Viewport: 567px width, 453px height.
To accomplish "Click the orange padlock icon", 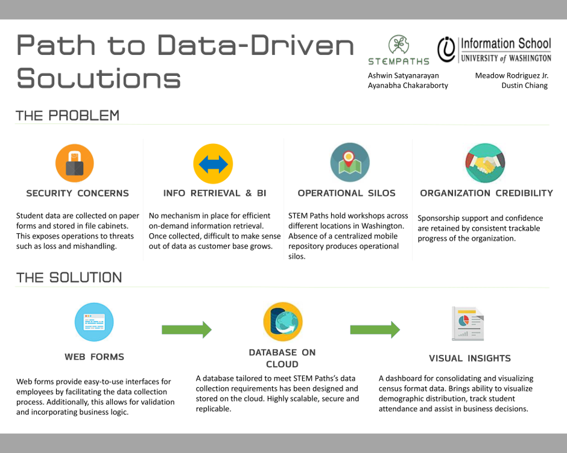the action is pyautogui.click(x=74, y=163).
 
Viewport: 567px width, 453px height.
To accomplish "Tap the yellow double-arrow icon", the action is pyautogui.click(x=213, y=164).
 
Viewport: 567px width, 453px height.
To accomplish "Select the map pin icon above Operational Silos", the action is pyautogui.click(x=350, y=162).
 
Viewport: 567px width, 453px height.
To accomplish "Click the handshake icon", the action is pyautogui.click(x=485, y=163).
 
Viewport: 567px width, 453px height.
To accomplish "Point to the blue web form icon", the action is pyautogui.click(x=94, y=322).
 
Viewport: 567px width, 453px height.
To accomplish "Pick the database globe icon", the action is pyautogui.click(x=283, y=322).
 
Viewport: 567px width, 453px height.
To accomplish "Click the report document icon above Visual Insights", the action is pyautogui.click(x=468, y=323).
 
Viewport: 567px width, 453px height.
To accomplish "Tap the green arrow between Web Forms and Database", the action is pyautogui.click(x=186, y=330).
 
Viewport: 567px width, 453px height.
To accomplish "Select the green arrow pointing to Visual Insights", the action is pyautogui.click(x=375, y=330).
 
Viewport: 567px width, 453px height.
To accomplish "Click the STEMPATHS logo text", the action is pyautogui.click(x=399, y=61).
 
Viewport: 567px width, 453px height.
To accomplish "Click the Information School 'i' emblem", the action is pyautogui.click(x=446, y=49).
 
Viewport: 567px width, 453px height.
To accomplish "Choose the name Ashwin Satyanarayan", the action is pyautogui.click(x=403, y=75).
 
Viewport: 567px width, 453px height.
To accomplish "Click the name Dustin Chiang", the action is pyautogui.click(x=524, y=86).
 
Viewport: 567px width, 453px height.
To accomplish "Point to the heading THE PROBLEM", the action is pyautogui.click(x=68, y=116).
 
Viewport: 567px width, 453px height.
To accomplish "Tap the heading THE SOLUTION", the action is pyautogui.click(x=69, y=278).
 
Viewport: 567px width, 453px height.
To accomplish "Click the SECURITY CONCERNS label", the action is pyautogui.click(x=77, y=193).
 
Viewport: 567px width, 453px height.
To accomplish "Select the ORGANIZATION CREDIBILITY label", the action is pyautogui.click(x=486, y=193).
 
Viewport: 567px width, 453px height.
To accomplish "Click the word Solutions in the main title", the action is pyautogui.click(x=99, y=78).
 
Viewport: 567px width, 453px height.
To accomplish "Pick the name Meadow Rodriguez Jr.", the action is pyautogui.click(x=512, y=75).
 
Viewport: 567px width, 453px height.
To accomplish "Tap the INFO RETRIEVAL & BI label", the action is pyautogui.click(x=214, y=193).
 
